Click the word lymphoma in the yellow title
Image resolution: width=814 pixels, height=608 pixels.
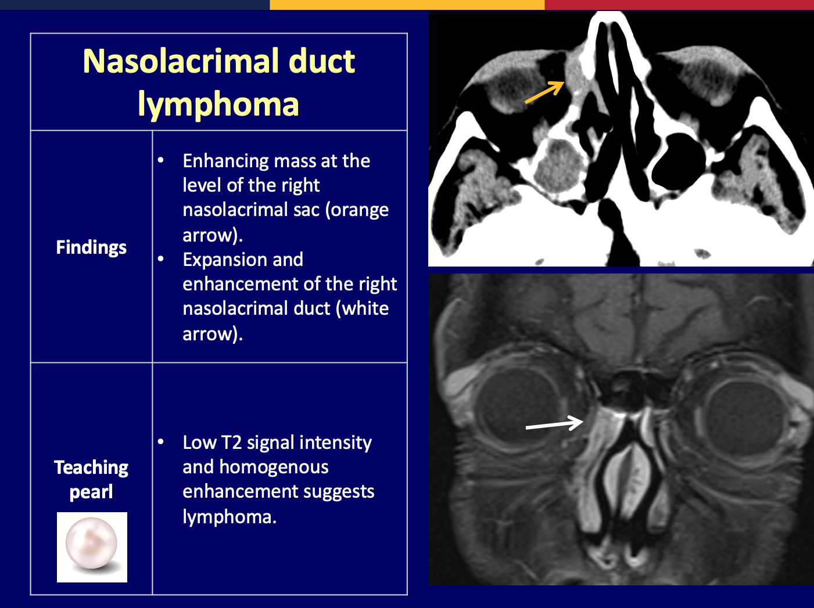218,105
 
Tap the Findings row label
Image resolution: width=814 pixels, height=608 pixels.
91,247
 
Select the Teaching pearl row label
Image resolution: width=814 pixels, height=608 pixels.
91,480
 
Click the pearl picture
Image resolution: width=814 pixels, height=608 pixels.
92,547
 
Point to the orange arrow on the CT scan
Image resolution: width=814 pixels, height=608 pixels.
544,93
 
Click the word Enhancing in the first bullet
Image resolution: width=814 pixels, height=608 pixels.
226,161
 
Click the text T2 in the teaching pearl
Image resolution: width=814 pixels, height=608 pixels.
231,442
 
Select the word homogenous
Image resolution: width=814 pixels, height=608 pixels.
274,467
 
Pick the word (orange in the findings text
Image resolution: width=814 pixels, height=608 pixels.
357,210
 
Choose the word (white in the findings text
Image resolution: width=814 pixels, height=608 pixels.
363,309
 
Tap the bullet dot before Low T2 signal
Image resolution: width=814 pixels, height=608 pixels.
160,442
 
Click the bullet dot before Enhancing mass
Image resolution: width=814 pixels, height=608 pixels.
160,160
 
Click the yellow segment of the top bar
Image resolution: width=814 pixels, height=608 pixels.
407,5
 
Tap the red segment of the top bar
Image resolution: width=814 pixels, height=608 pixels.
679,5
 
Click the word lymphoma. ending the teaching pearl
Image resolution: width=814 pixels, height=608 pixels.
230,517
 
